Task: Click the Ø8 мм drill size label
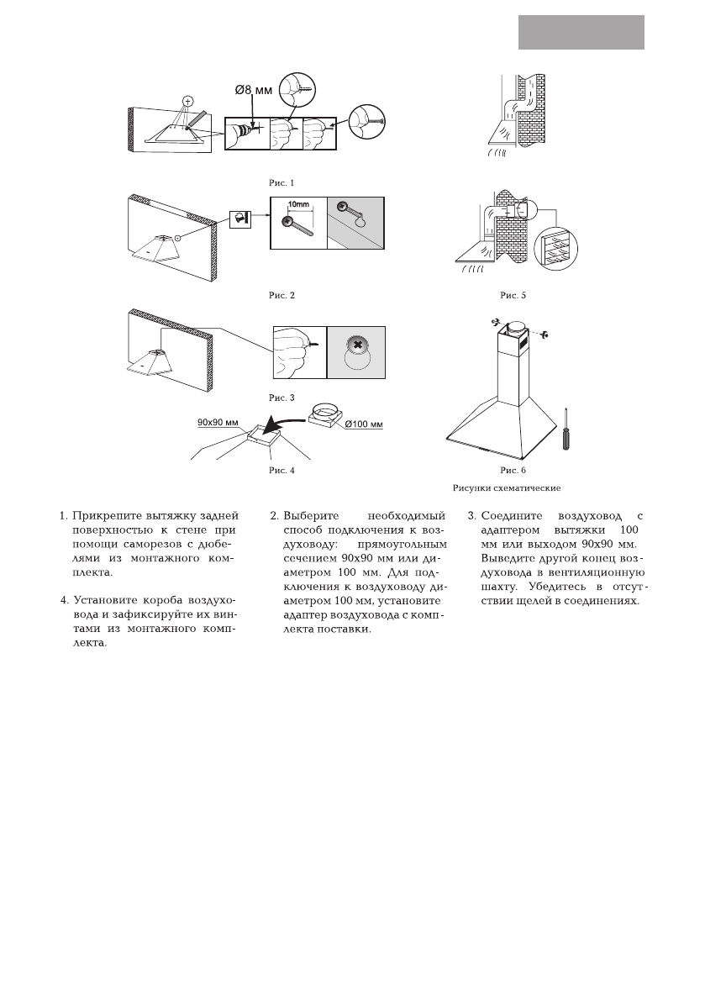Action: point(253,87)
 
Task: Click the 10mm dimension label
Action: point(299,205)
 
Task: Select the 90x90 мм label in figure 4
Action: point(218,420)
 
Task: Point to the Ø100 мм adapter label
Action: point(365,423)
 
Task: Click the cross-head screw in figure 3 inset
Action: point(356,345)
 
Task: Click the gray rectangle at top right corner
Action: point(581,32)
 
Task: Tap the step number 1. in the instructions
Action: point(64,515)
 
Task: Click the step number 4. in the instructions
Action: point(64,601)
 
